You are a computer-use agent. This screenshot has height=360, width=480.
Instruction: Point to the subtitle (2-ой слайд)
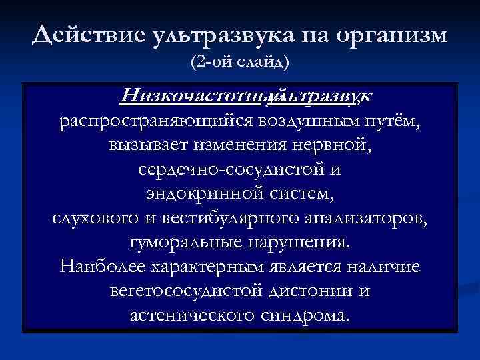240,63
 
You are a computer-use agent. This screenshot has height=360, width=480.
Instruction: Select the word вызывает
145,146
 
